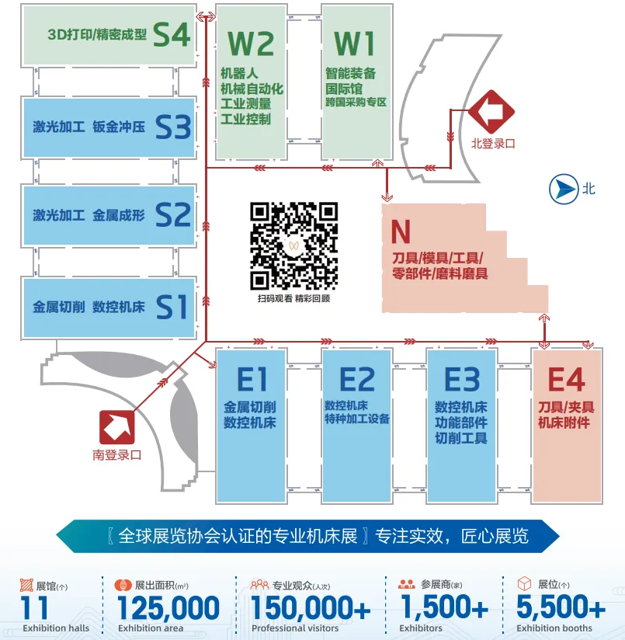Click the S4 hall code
click(x=172, y=34)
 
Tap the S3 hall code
click(x=172, y=127)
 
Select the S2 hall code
click(x=172, y=214)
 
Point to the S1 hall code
click(x=172, y=307)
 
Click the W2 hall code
click(x=250, y=43)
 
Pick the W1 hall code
click(x=355, y=43)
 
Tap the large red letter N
click(x=401, y=231)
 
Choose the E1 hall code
click(x=252, y=380)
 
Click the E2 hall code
click(x=357, y=380)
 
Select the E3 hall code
click(x=462, y=380)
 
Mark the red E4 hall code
click(x=567, y=380)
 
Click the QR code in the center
click(x=293, y=245)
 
